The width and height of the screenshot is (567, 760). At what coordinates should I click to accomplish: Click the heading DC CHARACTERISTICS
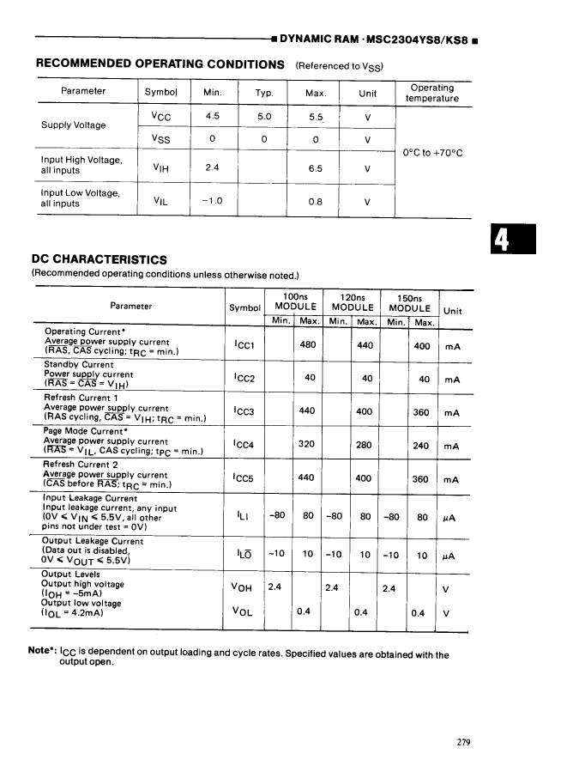click(99, 259)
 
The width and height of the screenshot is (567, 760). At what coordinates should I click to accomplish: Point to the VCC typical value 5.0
click(264, 116)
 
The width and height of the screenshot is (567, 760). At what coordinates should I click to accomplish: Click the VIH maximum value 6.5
click(315, 168)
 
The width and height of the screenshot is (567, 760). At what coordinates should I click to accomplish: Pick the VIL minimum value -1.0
click(212, 201)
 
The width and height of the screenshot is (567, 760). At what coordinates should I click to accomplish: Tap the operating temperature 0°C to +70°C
click(432, 153)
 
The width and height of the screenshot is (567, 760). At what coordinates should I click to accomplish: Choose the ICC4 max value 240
click(421, 446)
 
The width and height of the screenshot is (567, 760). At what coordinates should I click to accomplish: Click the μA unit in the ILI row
click(451, 518)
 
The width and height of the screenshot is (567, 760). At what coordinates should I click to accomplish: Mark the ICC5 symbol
click(244, 479)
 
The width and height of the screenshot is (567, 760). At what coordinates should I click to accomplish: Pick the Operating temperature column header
click(432, 93)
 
